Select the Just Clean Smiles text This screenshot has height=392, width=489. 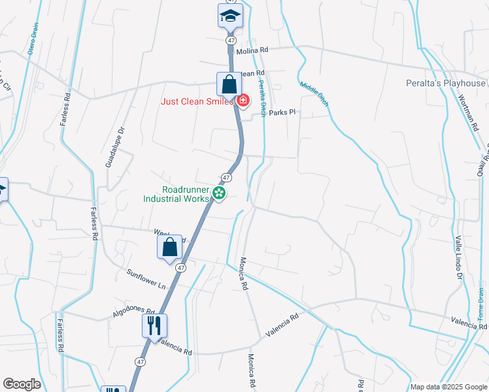tap(197, 101)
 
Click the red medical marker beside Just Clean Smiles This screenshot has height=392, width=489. tap(243, 100)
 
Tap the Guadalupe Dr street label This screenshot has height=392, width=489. tap(115, 147)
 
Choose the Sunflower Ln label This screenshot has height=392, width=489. tap(146, 279)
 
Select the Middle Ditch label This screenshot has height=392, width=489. tap(314, 93)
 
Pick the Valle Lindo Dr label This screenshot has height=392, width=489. tap(459, 258)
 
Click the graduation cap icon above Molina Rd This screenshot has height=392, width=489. tap(229, 16)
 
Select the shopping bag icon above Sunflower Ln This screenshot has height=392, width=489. tap(169, 247)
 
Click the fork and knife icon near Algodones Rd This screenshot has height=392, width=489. tap(155, 325)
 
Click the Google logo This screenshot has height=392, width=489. tap(22, 384)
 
